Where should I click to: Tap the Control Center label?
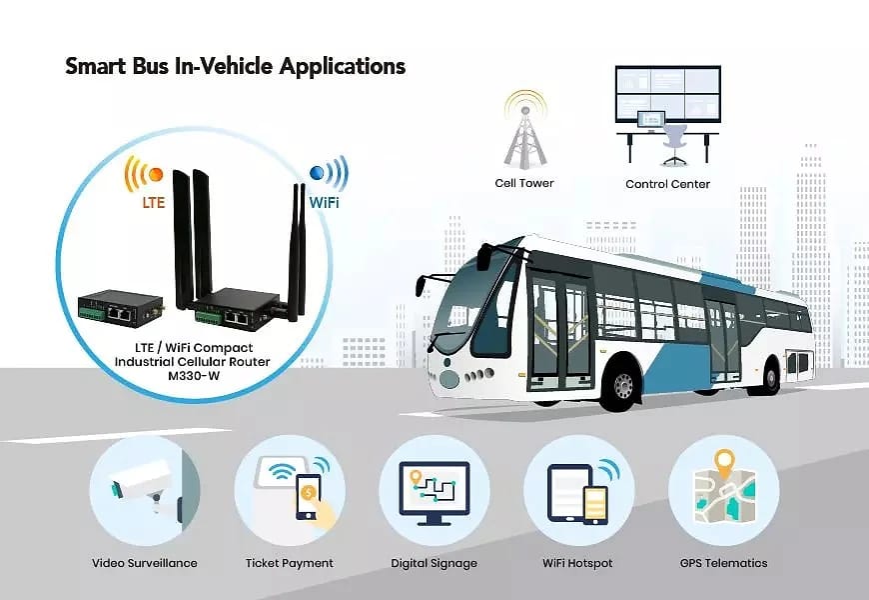(x=667, y=184)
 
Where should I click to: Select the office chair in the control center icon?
(x=674, y=144)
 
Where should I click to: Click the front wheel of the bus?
(x=624, y=384)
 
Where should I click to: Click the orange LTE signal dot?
(x=156, y=174)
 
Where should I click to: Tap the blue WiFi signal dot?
(x=317, y=173)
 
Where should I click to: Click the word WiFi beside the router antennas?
(x=324, y=202)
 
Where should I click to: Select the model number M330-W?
(x=194, y=376)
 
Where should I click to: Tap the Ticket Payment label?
(x=290, y=563)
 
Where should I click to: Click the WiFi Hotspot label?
(x=577, y=563)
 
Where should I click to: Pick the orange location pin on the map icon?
(x=724, y=463)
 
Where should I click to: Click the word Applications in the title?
(x=342, y=66)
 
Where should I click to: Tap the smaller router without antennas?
(x=121, y=309)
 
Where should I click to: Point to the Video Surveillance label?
(x=145, y=563)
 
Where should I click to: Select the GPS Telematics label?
(x=724, y=563)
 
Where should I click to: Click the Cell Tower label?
(x=524, y=183)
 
